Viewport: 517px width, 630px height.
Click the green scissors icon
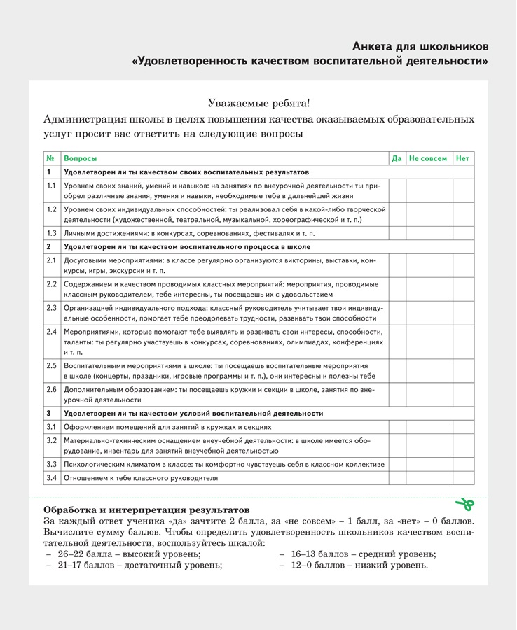tap(464, 503)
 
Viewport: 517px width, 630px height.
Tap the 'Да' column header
tap(397, 159)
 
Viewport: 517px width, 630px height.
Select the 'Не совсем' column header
tap(428, 159)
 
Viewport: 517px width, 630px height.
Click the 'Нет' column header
tap(462, 159)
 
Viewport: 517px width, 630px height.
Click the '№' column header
tap(50, 159)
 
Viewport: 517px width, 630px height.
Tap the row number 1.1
tap(51, 185)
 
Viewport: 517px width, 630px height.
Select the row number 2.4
tap(51, 331)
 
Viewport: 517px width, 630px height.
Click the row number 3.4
tap(51, 478)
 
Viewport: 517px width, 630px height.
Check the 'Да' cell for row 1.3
tap(397, 233)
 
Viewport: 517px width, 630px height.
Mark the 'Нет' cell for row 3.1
tap(462, 427)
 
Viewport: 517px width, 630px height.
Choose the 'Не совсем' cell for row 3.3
tap(429, 464)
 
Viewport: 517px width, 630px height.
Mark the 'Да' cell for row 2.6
tap(397, 394)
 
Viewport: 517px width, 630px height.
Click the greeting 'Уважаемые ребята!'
tap(258, 103)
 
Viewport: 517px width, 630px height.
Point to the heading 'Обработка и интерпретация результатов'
tap(146, 510)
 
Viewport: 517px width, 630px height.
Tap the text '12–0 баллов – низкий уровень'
tap(359, 565)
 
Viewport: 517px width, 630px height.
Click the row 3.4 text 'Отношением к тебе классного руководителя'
tap(141, 478)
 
